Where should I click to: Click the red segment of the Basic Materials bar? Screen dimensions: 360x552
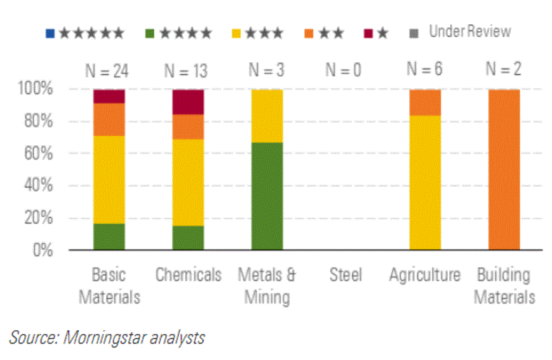pos(109,96)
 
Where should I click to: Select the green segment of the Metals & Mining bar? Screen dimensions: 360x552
pos(267,196)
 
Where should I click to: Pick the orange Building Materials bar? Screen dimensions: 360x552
pos(504,170)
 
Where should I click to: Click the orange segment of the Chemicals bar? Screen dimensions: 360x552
pos(188,127)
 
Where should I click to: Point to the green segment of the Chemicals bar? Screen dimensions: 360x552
pos(188,237)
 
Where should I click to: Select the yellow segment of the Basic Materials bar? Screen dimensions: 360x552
pos(109,180)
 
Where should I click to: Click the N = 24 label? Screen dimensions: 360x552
pos(107,70)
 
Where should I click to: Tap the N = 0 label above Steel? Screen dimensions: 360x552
pos(343,70)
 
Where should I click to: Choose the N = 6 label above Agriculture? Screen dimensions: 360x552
pos(424,70)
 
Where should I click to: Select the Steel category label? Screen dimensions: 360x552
pos(346,275)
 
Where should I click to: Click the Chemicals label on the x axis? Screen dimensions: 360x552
pos(189,275)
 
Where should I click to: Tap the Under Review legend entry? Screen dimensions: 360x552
pos(469,31)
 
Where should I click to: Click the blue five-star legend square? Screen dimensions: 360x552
pos(50,32)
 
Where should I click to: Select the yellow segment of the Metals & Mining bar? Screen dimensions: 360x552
pos(267,116)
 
